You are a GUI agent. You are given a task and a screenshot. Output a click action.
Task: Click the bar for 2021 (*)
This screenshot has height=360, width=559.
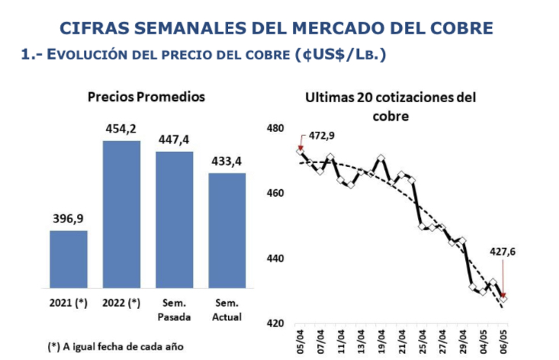tap(69, 260)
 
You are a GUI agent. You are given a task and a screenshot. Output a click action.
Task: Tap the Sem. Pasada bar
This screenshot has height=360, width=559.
tap(175, 220)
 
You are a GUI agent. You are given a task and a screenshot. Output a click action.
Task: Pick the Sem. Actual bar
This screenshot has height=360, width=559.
tap(227, 231)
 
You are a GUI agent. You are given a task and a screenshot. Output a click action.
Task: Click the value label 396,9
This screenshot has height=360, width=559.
tap(69, 218)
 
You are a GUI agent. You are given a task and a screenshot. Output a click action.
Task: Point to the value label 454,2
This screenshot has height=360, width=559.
tap(122, 127)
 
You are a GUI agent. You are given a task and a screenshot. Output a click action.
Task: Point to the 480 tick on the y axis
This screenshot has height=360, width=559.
tap(275, 128)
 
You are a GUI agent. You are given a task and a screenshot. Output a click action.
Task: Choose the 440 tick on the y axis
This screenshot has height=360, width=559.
tap(275, 259)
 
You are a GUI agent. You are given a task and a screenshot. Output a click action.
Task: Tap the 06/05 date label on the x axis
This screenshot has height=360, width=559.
tap(503, 342)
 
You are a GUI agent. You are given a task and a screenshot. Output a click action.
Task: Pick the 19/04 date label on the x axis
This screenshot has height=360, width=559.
tap(381, 342)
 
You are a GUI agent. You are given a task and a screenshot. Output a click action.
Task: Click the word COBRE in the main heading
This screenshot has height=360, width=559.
tap(455, 29)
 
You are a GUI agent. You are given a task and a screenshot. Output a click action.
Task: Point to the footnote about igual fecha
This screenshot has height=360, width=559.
tap(115, 346)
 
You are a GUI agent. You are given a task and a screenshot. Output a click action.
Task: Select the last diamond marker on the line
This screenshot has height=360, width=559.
tap(503, 298)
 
